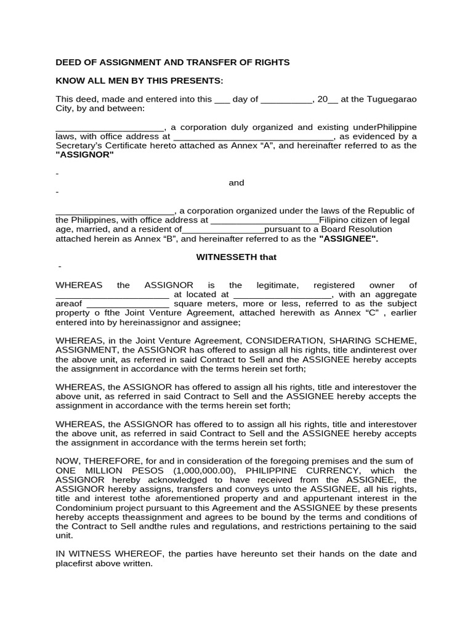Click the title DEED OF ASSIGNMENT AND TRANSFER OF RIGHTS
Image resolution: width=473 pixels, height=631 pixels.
pyautogui.click(x=172, y=62)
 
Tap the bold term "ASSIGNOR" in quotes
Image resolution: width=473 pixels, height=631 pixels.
pyautogui.click(x=85, y=155)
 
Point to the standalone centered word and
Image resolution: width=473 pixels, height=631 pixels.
pyautogui.click(x=236, y=182)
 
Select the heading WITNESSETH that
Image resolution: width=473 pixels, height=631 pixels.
pyautogui.click(x=236, y=257)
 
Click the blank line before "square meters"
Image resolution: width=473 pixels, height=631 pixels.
pyautogui.click(x=127, y=304)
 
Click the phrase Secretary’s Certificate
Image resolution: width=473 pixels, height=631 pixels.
pyautogui.click(x=102, y=145)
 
